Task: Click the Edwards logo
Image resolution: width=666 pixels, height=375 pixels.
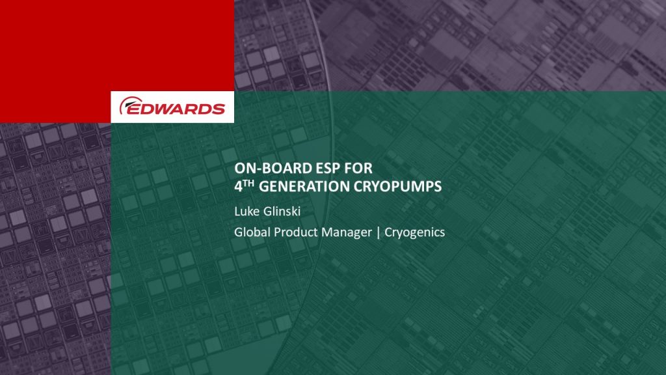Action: point(172,106)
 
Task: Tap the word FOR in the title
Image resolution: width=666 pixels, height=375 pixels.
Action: point(358,169)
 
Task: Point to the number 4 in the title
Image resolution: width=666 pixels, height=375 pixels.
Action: point(238,187)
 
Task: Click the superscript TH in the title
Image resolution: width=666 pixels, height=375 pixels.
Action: point(248,183)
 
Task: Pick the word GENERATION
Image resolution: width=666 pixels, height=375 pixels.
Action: point(304,187)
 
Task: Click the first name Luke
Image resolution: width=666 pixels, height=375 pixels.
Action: point(246,211)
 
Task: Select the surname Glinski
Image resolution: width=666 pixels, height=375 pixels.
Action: point(281,211)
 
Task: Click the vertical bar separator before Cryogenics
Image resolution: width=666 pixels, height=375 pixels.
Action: point(379,232)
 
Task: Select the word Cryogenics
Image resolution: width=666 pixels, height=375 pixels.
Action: point(414,233)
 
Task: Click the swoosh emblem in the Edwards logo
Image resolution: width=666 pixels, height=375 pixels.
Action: point(127,104)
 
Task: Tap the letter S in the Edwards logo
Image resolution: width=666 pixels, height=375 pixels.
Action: point(218,109)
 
